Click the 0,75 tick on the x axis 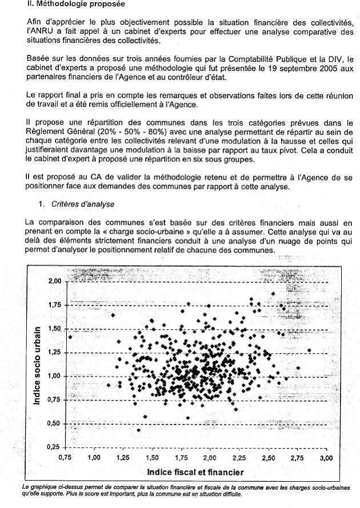click(x=67, y=458)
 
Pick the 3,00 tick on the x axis click(x=326, y=458)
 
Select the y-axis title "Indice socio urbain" click(x=37, y=366)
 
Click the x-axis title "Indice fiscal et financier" click(x=195, y=472)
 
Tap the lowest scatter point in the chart click(x=138, y=430)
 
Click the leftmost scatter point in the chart click(x=70, y=337)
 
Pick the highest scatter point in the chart click(x=273, y=294)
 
